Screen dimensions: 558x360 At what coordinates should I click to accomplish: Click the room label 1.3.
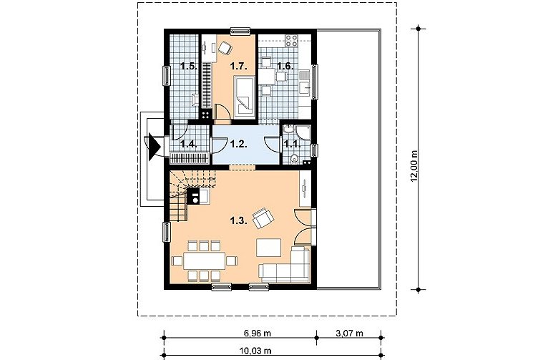pos(238,220)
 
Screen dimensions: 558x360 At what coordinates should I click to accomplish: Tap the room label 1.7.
pos(238,66)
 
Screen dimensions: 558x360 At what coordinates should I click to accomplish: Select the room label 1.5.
pos(189,66)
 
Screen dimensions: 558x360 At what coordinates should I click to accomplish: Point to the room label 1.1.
pos(293,144)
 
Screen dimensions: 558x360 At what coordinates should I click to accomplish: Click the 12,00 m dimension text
pos(413,166)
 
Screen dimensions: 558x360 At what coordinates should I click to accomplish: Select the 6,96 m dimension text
pos(258,334)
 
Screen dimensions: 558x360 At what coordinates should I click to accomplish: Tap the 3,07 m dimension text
pos(349,334)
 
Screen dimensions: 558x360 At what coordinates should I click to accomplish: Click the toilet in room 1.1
pos(294,158)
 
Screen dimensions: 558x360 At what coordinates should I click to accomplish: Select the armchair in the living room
pos(263,218)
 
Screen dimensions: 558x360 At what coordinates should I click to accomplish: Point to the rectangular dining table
pos(205,261)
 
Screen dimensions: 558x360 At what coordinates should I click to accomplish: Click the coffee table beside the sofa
pos(269,248)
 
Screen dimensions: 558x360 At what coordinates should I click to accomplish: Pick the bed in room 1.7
pos(244,96)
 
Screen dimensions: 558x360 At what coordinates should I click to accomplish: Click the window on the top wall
pos(240,31)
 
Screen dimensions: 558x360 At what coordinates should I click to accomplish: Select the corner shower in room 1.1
pos(304,132)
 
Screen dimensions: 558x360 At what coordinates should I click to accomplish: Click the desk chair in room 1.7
pos(225,48)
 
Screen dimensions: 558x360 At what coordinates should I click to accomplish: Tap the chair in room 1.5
pos(195,99)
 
